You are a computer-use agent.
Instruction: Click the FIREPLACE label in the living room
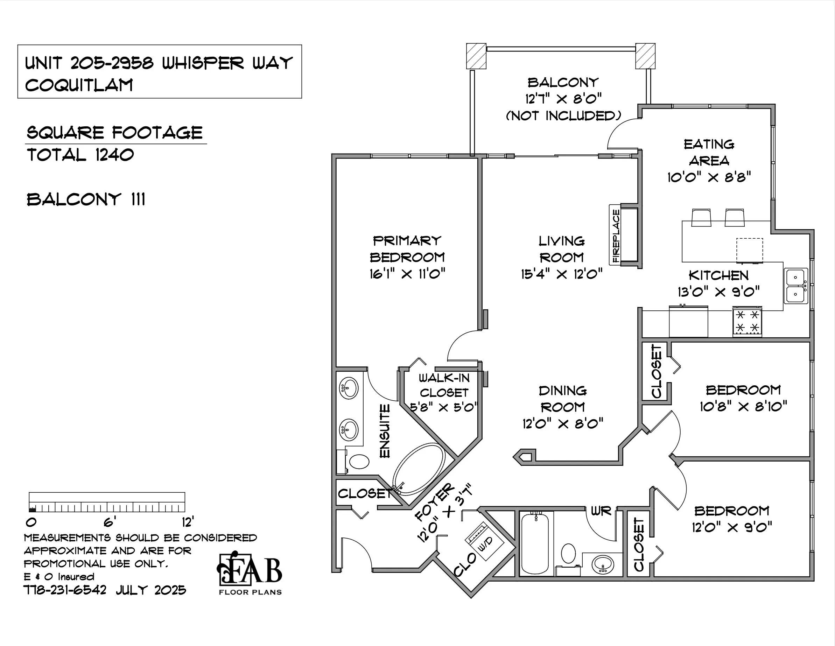(616, 236)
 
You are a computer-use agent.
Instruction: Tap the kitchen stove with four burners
(747, 322)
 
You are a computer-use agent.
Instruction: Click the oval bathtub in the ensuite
(418, 469)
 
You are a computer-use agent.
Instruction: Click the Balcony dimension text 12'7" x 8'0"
(563, 99)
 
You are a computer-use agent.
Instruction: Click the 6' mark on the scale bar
(110, 522)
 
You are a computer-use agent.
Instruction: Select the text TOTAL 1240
(80, 155)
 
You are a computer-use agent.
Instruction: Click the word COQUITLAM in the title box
(79, 85)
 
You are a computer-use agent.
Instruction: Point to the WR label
(601, 511)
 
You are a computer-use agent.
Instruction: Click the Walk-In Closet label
(444, 385)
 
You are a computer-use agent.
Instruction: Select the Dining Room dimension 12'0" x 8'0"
(563, 423)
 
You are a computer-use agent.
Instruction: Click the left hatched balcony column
(476, 56)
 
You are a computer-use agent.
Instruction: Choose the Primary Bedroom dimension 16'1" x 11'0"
(407, 274)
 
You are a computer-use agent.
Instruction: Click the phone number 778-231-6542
(65, 590)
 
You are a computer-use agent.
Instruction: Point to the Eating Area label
(709, 153)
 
